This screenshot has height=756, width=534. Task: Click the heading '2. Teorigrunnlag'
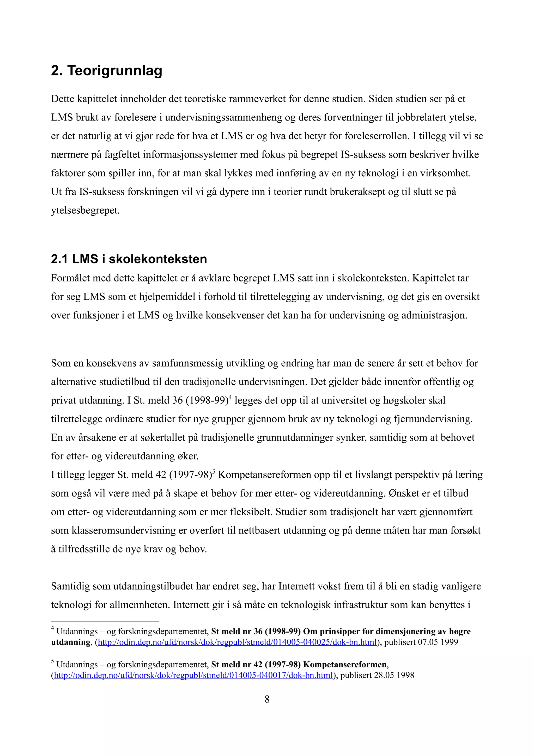[106, 70]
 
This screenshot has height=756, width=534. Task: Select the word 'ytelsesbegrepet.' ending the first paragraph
[85, 211]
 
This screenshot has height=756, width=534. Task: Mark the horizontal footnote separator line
[105, 621]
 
